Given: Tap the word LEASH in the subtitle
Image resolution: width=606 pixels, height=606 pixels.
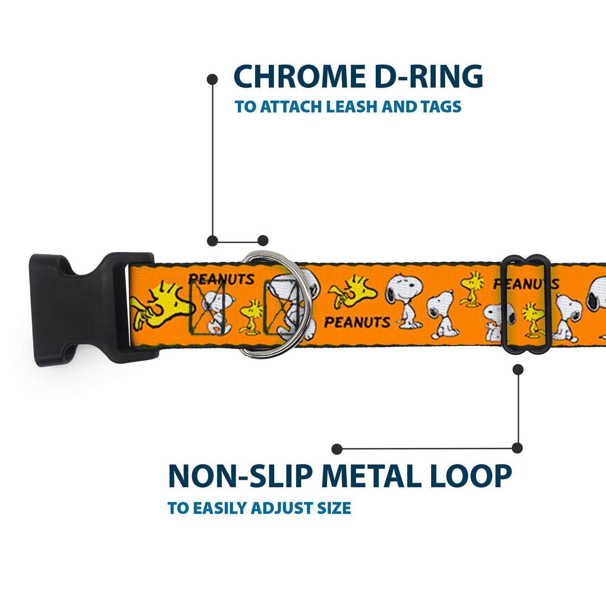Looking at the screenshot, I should click(x=352, y=107).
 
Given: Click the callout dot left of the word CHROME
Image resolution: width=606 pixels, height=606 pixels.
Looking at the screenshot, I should click(x=213, y=79).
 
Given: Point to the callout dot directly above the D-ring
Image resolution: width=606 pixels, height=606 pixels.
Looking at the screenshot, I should click(x=263, y=240).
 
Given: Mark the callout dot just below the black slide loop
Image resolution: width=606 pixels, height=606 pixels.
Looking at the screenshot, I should click(x=518, y=369).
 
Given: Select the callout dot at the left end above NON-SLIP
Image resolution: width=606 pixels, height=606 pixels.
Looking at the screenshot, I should click(x=336, y=449).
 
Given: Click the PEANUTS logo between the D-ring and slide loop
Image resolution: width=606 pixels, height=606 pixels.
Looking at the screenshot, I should click(x=357, y=322).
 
